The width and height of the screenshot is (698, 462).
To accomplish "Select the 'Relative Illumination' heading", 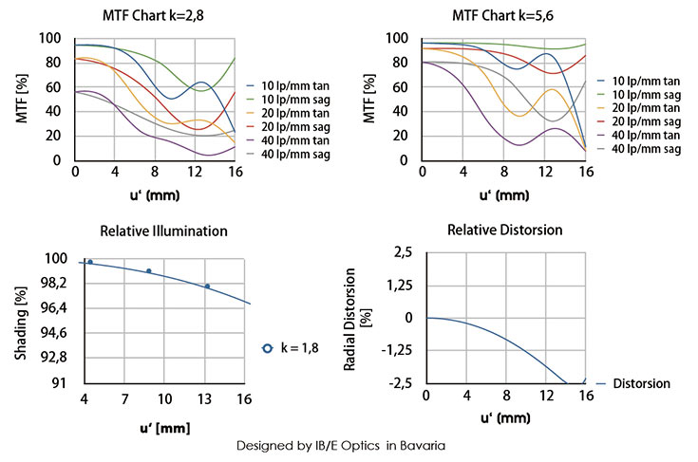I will [164, 231].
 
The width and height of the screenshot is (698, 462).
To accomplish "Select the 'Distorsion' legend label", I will [642, 384].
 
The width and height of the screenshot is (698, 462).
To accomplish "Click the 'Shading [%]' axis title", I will [21, 321].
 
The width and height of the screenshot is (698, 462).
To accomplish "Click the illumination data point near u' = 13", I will [207, 286].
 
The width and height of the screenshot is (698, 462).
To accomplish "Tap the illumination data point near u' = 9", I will [149, 271].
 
